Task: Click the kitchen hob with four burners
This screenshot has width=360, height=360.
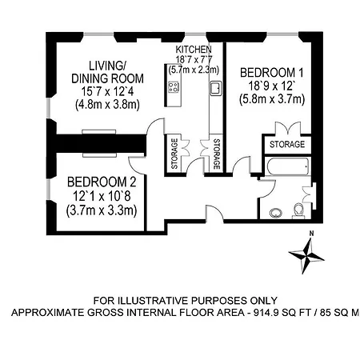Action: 174,87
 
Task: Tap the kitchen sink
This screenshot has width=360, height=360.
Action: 216,88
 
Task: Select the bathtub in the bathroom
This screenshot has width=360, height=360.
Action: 288,166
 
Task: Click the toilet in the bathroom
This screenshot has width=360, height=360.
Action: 298,211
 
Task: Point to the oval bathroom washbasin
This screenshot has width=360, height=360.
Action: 276,213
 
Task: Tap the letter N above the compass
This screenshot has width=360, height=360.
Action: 311,234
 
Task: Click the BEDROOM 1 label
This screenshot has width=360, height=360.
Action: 272,73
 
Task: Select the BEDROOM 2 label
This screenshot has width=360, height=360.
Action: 102,182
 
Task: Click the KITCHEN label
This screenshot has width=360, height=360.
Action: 194,50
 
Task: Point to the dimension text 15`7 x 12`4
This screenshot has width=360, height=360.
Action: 107,91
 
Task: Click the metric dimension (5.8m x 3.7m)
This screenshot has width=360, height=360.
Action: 272,99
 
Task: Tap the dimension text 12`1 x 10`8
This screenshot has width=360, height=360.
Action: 102,197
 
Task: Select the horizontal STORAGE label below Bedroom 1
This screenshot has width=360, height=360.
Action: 287,144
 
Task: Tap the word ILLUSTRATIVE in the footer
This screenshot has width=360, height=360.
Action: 154,301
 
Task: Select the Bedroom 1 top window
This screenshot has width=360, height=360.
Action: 282,34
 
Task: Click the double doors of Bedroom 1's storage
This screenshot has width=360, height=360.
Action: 288,128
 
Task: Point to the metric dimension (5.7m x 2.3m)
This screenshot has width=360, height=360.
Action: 194,70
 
